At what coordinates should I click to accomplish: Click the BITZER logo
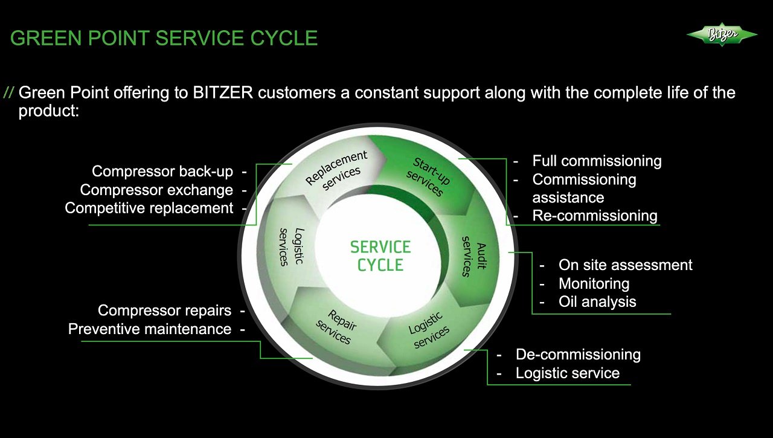tap(722, 34)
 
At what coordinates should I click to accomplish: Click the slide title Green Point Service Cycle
tap(164, 38)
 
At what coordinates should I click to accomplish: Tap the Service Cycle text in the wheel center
tap(380, 256)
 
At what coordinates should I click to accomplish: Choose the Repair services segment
tap(336, 326)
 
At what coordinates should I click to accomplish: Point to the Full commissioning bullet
tap(597, 161)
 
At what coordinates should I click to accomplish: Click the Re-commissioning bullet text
tap(594, 216)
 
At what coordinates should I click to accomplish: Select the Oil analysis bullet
tap(597, 301)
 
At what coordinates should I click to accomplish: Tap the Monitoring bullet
tap(594, 283)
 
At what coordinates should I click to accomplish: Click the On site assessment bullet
tap(625, 265)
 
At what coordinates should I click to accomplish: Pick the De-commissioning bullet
tap(577, 355)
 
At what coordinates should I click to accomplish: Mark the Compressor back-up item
tap(162, 172)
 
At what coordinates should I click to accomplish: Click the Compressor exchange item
tap(156, 190)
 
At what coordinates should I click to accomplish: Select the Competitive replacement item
tap(149, 208)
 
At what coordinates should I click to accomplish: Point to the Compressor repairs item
tap(164, 311)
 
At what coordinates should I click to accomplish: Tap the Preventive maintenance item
tap(149, 329)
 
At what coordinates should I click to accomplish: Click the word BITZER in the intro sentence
tap(223, 93)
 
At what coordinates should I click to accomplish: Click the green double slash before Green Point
tap(8, 93)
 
